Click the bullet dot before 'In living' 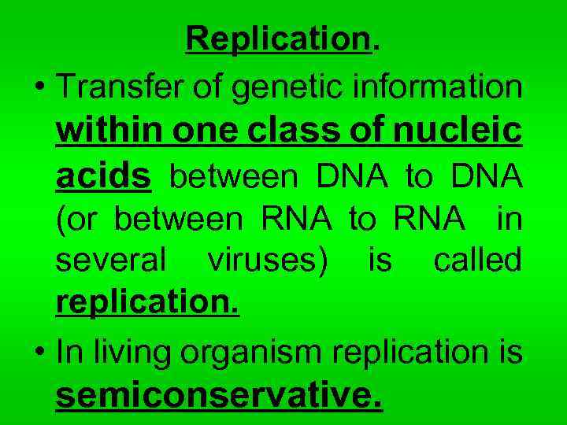click(39, 353)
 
